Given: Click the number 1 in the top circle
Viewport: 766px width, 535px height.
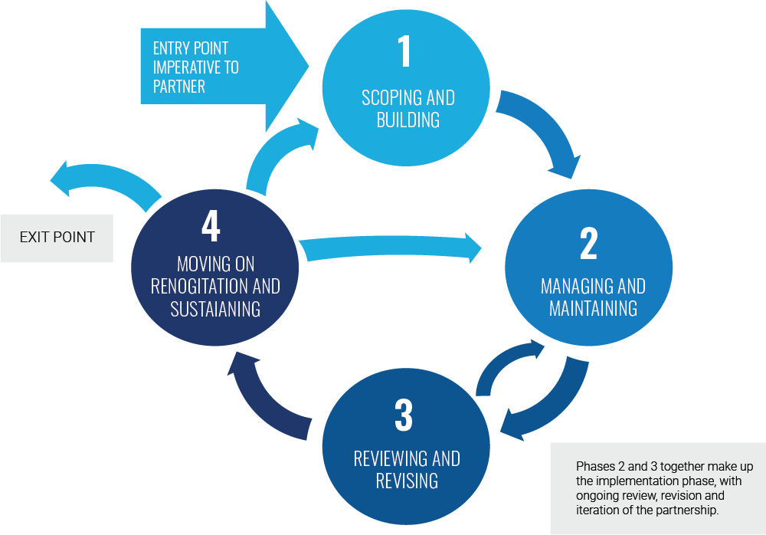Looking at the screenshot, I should [x=405, y=52].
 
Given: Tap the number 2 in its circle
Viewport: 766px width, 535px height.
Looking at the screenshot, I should [x=588, y=245].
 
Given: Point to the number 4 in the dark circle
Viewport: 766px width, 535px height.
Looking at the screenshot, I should [x=211, y=226].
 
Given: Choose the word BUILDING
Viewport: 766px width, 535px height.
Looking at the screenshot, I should [x=408, y=120].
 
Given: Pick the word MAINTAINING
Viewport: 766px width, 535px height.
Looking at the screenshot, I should [x=593, y=309].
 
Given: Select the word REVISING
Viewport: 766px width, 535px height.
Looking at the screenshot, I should [x=407, y=481].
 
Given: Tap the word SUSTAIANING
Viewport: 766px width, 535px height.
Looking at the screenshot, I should [x=215, y=309].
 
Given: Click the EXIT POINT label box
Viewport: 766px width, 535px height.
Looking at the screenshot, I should [x=57, y=237].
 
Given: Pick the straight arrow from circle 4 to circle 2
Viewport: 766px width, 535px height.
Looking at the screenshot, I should [x=391, y=249].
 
